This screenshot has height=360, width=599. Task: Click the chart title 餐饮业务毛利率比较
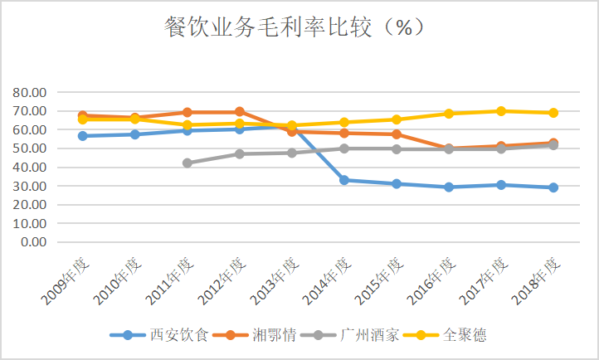coord(295,27)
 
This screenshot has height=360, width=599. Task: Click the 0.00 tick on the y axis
coord(32,242)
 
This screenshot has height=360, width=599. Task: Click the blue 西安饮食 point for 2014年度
coord(344,180)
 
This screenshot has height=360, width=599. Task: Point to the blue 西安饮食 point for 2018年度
coord(553,187)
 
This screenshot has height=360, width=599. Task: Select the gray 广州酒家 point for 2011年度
coord(187,163)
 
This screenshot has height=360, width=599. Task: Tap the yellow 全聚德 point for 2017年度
coord(501,111)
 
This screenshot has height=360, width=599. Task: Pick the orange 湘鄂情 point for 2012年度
coord(240,111)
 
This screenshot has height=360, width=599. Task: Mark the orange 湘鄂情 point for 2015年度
coord(397,134)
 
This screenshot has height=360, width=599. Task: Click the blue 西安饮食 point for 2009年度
coord(83,135)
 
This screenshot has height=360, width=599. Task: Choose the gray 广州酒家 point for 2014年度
coord(344,148)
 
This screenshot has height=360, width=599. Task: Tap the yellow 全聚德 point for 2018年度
coord(553,113)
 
